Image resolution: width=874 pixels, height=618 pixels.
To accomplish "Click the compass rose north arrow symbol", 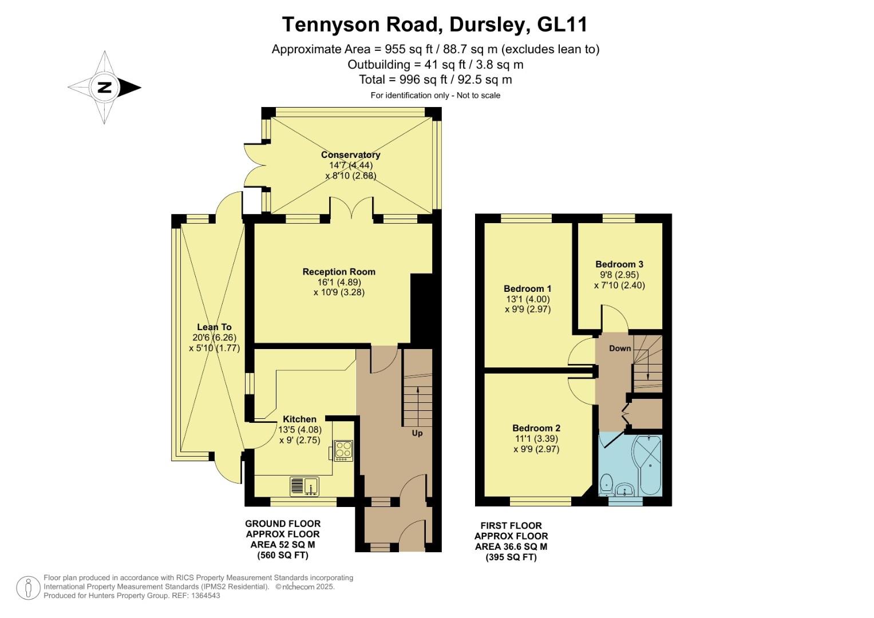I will click(x=105, y=88).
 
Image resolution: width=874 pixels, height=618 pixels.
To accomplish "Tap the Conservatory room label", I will click(x=350, y=154).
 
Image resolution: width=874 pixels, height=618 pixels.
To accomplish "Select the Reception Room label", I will click(x=339, y=272).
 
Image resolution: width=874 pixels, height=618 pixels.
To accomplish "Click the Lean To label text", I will click(x=214, y=327).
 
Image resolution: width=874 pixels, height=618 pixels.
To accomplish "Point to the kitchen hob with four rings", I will click(x=343, y=449).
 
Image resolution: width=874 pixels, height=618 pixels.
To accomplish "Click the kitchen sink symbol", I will click(x=305, y=486).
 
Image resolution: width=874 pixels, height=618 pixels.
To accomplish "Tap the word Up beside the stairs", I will click(x=417, y=433).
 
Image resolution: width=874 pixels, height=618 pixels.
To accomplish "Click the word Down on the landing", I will click(x=620, y=348).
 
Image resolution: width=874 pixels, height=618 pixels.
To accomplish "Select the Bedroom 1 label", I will click(x=527, y=288).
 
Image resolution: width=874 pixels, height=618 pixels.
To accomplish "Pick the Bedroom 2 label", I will click(x=536, y=428).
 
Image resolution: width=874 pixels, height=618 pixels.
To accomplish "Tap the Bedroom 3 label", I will click(x=619, y=264).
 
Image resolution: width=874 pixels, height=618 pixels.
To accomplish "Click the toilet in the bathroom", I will click(x=606, y=485).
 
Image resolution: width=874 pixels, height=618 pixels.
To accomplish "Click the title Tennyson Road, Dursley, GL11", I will click(x=434, y=25).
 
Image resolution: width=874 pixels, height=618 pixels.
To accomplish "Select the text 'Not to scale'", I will click(x=478, y=96).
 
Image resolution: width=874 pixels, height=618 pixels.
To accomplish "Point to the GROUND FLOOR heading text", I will click(x=283, y=524).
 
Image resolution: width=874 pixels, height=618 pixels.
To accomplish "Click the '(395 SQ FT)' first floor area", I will click(x=511, y=557).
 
